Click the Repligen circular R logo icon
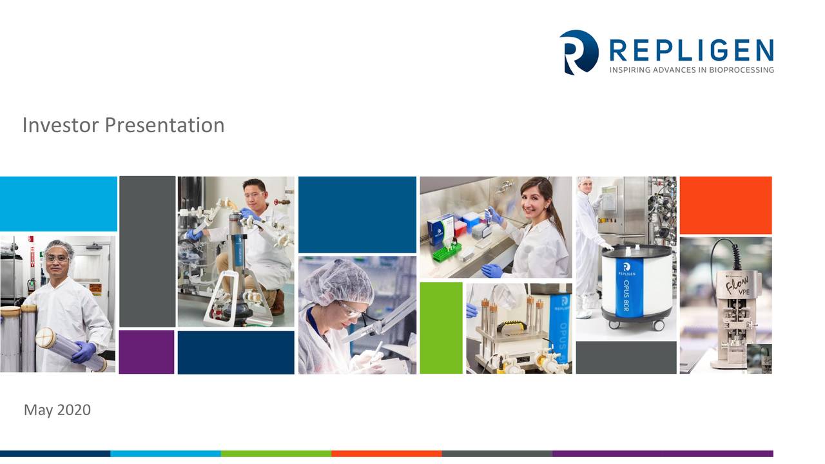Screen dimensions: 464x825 click(x=578, y=52)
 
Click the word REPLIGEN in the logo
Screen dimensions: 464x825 click(x=691, y=50)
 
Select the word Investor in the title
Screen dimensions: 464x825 click(x=61, y=125)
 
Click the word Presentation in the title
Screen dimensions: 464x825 click(x=164, y=125)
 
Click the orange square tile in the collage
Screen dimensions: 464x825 click(x=725, y=205)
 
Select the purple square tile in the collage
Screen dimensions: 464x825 click(x=146, y=352)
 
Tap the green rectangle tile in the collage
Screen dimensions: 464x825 click(x=441, y=327)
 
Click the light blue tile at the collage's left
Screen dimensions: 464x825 click(x=58, y=203)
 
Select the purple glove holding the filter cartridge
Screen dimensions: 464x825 click(x=83, y=352)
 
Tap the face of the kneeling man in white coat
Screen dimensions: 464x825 click(x=255, y=194)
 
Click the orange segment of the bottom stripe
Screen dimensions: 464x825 click(x=387, y=454)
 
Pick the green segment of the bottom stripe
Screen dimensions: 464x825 click(x=276, y=454)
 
